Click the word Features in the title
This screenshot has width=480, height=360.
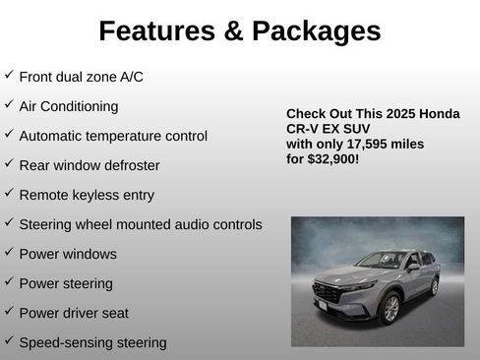click(158, 31)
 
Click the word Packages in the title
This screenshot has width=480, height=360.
click(317, 31)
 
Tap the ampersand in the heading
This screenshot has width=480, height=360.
click(233, 31)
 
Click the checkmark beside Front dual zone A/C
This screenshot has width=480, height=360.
click(9, 75)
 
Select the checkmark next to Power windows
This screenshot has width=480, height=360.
click(9, 253)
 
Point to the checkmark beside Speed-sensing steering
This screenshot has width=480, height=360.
click(9, 341)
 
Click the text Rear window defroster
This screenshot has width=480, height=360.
click(89, 165)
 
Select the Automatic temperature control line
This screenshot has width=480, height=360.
click(113, 136)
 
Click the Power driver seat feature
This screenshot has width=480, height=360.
click(74, 313)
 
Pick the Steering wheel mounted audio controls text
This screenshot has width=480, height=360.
click(140, 224)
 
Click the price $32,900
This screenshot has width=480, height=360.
click(334, 157)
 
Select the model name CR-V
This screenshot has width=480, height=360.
click(304, 129)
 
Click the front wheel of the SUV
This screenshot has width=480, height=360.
click(390, 307)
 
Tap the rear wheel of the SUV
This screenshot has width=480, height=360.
click(433, 286)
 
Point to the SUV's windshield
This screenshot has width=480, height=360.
click(378, 262)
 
